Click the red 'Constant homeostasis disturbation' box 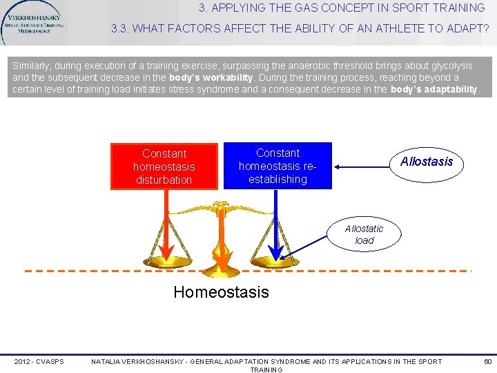pos(164,166)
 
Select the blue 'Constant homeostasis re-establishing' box pos(277,166)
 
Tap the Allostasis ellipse pos(427,162)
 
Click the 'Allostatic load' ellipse pos(364,235)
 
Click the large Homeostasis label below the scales pos(221,292)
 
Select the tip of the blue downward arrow pos(277,258)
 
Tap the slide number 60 pos(487,361)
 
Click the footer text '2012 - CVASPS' pos(39,361)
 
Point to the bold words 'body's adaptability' pos(433,89)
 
